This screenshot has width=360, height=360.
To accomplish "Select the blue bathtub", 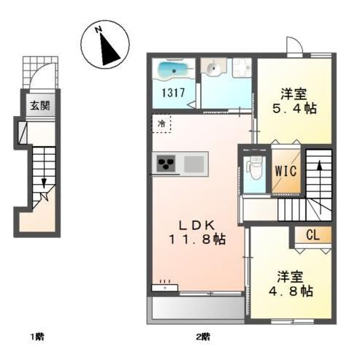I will click(x=172, y=71).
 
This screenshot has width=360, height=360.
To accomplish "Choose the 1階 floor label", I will click(x=37, y=337).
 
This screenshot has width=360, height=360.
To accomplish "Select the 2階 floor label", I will click(x=202, y=337).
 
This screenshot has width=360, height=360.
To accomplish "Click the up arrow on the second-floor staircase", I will click(x=319, y=169).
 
